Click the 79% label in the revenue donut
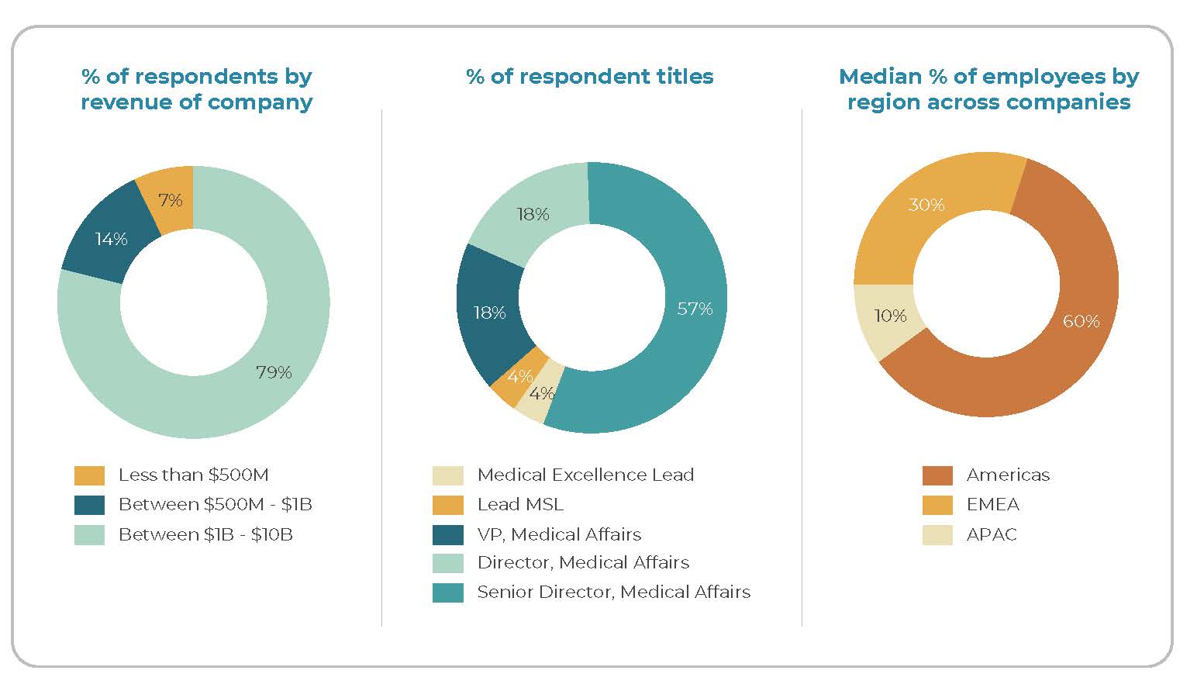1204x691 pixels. (274, 373)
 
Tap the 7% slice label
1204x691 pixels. (170, 201)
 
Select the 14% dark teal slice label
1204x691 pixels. (111, 240)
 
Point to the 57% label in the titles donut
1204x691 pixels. (694, 309)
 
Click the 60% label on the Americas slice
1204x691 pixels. (1081, 321)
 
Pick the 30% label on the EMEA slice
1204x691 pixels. (926, 205)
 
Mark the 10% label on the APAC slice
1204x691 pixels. (889, 316)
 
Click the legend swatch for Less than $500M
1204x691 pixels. (89, 475)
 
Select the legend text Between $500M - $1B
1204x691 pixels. (215, 505)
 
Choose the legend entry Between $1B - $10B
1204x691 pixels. (205, 535)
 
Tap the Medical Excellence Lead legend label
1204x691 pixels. (585, 475)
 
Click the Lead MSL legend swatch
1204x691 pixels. (448, 505)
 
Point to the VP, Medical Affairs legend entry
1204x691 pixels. (559, 535)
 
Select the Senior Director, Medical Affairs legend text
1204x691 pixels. (613, 593)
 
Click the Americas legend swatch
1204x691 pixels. (937, 475)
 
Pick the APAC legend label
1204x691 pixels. (992, 535)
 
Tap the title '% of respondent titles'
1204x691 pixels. (589, 77)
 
